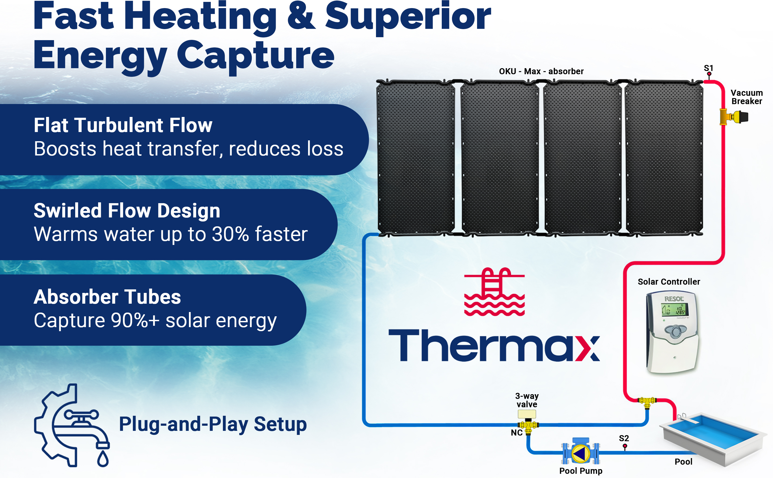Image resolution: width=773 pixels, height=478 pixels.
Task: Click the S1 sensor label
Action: click(x=709, y=68)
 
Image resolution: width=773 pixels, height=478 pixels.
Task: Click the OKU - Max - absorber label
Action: click(x=541, y=71)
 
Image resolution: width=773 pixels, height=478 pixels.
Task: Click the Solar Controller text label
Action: click(x=669, y=281)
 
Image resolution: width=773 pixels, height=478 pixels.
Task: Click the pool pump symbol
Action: click(x=581, y=452)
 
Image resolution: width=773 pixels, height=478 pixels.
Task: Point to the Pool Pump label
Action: click(x=581, y=471)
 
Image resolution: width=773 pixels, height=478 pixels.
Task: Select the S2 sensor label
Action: click(x=624, y=438)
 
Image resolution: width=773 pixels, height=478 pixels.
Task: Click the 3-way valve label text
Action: click(x=527, y=400)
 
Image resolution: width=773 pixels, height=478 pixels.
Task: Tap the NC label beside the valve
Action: click(x=517, y=432)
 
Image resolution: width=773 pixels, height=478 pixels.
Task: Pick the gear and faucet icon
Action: click(x=72, y=425)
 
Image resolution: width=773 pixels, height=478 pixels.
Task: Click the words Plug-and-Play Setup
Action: click(x=213, y=424)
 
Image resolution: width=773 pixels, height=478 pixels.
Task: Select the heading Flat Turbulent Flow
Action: click(x=123, y=125)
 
